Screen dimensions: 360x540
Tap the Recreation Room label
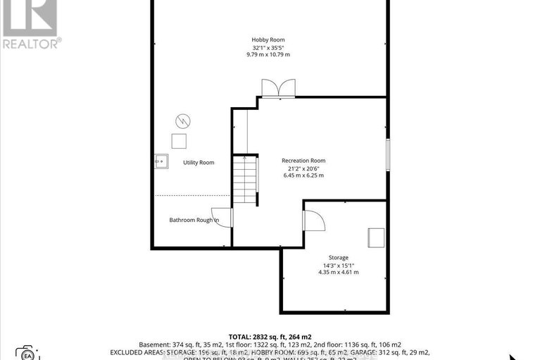coord(303,161)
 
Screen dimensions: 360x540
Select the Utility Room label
coord(199,163)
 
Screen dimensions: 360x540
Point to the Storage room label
coord(338,258)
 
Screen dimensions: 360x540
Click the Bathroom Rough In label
coord(194,220)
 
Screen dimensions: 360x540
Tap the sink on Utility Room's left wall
coord(161,161)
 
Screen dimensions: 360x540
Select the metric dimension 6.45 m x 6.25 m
coord(303,175)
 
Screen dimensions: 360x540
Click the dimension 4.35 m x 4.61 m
coord(338,273)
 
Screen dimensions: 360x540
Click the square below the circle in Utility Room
coord(180,140)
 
